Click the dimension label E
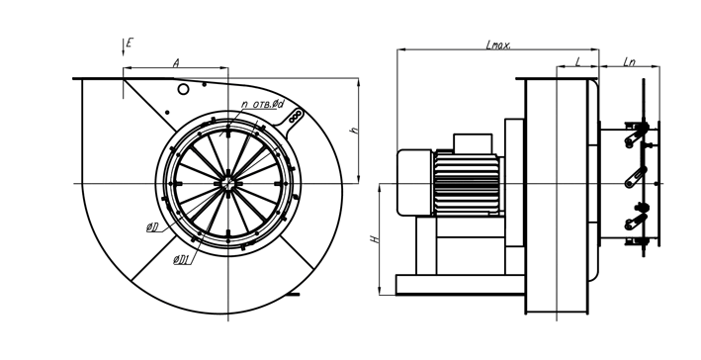pos(130,43)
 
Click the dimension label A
pos(176,63)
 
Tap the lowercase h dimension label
pos(355,131)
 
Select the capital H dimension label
pos(376,239)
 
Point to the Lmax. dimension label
pos(498,45)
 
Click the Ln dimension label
pos(629,62)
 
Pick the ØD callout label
pos(152,227)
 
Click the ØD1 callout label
pos(182,259)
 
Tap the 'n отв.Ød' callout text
pos(262,104)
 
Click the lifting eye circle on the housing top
pos(183,89)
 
